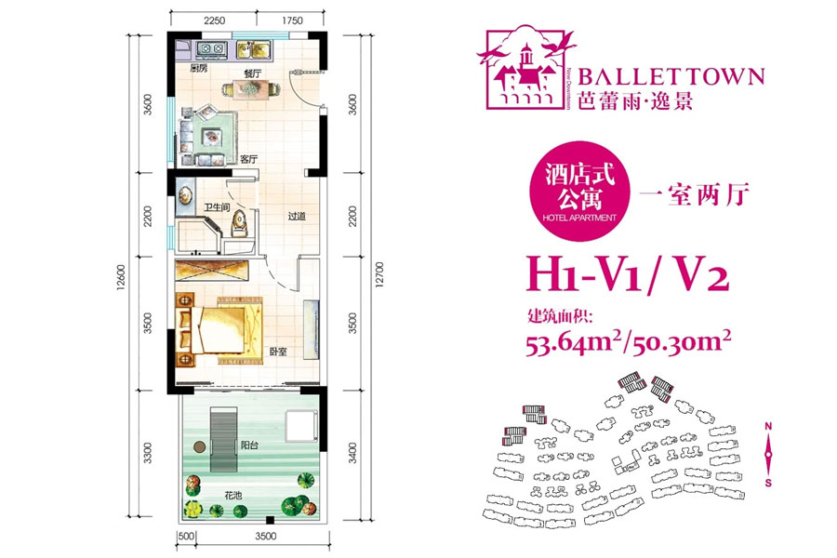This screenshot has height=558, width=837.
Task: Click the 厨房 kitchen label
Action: point(197,69)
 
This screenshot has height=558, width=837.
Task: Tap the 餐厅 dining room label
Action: point(252,71)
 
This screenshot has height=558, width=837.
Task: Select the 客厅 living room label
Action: point(248,158)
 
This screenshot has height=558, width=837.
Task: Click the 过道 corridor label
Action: point(297,217)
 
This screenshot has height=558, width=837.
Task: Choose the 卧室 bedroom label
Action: point(278,352)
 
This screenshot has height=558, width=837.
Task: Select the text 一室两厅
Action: point(696,194)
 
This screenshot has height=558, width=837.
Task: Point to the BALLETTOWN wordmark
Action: point(671,76)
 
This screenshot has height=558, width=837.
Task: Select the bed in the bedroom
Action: point(223,325)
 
